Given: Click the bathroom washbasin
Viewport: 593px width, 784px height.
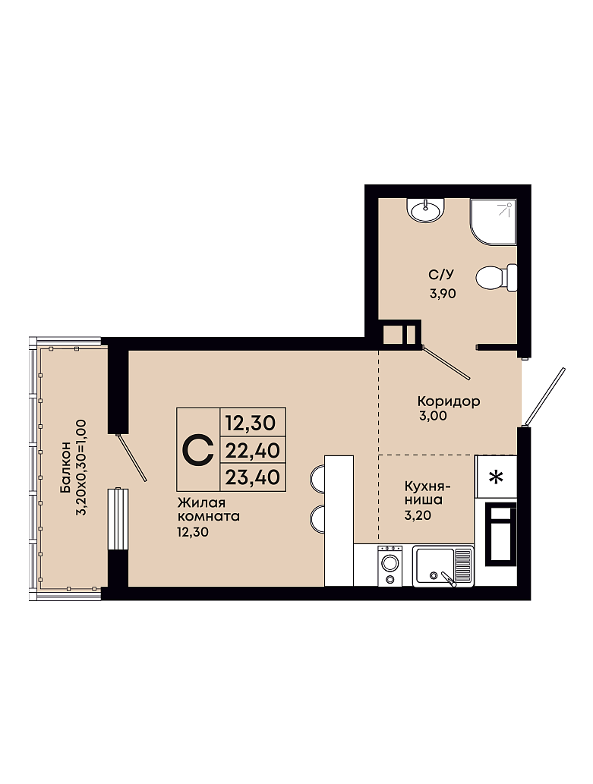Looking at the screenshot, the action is point(425,210).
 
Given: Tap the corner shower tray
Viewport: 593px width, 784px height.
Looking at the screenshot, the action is point(493,222).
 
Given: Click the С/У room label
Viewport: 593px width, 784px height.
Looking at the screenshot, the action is point(441,275).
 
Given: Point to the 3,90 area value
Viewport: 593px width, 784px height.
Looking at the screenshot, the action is point(443,294).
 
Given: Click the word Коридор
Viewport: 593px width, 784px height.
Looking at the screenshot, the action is point(449,401).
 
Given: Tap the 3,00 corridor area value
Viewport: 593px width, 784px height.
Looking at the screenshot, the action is point(434,415).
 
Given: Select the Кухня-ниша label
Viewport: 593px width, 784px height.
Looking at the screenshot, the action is point(428,493).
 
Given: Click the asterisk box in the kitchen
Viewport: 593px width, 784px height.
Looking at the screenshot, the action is point(495,477).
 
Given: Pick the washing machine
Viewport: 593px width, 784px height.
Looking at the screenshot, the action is point(390,565).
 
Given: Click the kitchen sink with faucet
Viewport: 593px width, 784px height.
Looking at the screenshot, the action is point(443,566).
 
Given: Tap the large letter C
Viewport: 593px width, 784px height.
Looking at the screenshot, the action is point(197,449).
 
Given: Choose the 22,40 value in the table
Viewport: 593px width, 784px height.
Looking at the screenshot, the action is point(253,451).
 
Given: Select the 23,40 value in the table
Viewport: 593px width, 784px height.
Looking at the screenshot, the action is point(253,477).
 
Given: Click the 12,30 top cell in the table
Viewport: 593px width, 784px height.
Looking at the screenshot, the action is point(251,423).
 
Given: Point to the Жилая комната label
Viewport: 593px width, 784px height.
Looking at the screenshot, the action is point(208,509).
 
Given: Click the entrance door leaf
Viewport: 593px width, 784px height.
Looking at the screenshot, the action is point(544,397).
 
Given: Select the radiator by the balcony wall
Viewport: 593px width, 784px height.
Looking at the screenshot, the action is point(118,518).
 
